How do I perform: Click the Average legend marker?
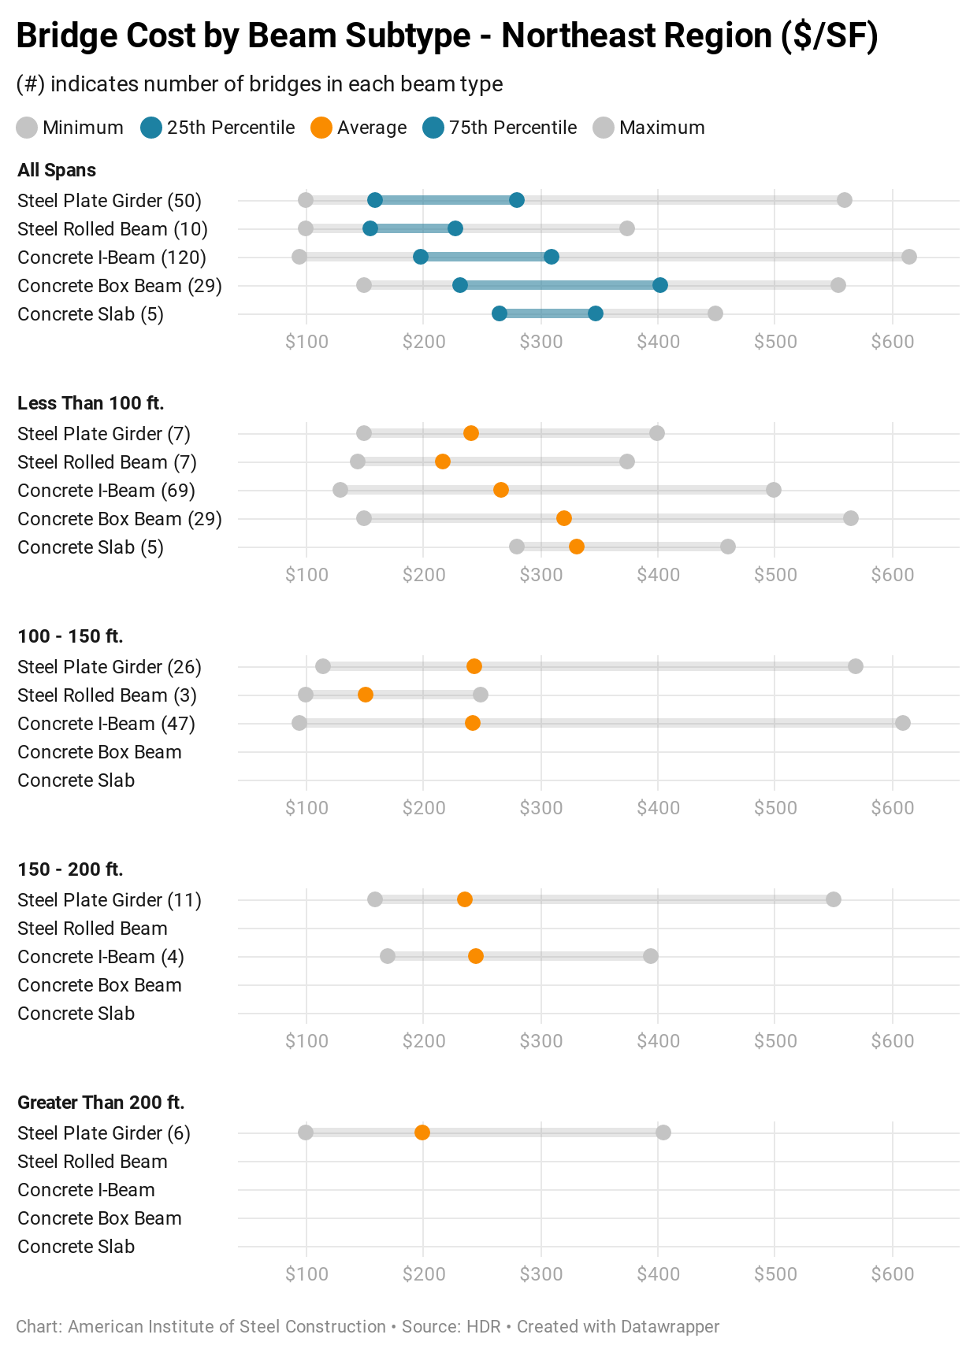pos(321,128)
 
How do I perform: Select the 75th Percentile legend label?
pos(513,128)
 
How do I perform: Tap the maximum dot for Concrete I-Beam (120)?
pos(908,257)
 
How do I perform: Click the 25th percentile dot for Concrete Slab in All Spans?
pos(500,313)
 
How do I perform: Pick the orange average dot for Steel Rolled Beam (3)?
pos(366,695)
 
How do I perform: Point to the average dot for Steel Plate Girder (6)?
pos(422,1132)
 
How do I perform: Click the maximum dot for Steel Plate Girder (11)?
pos(834,899)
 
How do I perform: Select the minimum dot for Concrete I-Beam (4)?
pos(388,956)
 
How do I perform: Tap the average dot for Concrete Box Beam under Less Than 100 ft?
pos(564,518)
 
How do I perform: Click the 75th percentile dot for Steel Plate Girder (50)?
pos(517,200)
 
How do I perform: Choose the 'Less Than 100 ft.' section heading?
pos(91,403)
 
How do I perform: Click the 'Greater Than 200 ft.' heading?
pos(101,1103)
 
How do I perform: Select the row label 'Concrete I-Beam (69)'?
pos(106,491)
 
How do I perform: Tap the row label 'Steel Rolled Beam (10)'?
pos(113,229)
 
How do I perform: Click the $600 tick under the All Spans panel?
pos(893,342)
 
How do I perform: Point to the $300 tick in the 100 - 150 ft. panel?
pos(541,808)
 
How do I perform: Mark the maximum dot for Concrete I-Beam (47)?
pos(903,723)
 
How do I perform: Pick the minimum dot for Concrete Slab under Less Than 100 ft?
pos(517,547)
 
